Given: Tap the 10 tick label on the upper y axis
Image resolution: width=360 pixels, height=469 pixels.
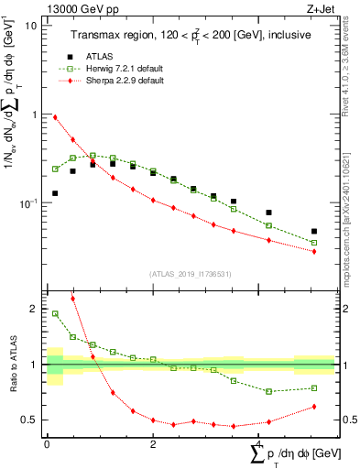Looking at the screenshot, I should point(30,26).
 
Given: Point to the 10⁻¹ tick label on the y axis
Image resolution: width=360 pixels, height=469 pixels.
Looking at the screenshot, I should point(27,202).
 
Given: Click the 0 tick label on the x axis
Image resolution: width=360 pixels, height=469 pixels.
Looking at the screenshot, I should point(47,443).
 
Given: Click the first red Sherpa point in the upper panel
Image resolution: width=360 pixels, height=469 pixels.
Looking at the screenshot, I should point(55,117).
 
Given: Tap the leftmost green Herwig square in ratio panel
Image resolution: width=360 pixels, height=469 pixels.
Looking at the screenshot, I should point(55,314).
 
